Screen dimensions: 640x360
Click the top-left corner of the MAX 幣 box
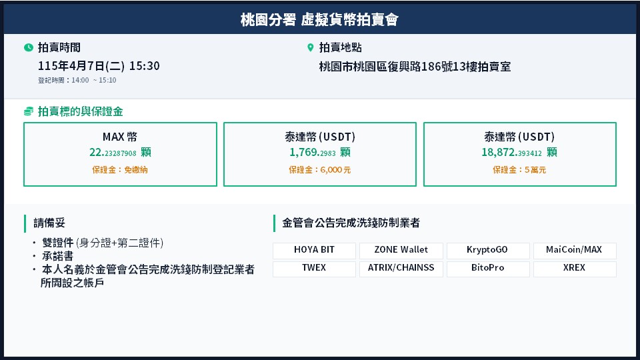click(24, 123)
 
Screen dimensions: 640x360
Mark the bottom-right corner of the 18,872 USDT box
click(616, 186)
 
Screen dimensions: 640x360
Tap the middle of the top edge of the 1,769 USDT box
click(320, 123)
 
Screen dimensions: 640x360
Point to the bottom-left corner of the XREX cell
click(533, 277)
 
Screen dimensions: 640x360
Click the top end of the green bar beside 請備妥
click(25, 215)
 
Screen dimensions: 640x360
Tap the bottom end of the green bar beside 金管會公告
click(274, 232)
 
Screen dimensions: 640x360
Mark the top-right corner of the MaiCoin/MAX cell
click(616, 243)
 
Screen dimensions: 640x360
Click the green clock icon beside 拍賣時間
click(29, 48)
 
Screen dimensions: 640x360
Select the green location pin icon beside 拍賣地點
click(310, 48)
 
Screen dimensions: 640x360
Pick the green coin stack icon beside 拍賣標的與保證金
click(29, 111)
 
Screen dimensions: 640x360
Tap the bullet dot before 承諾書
click(35, 256)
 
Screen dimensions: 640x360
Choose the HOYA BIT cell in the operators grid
click(314, 251)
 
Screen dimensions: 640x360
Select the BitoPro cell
click(488, 269)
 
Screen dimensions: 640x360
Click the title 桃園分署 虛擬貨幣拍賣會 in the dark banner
click(319, 19)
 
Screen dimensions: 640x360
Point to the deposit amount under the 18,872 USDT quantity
click(519, 170)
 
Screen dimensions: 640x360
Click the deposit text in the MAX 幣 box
click(119, 170)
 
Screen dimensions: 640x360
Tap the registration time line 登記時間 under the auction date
click(77, 81)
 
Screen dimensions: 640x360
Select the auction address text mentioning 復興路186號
click(415, 67)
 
